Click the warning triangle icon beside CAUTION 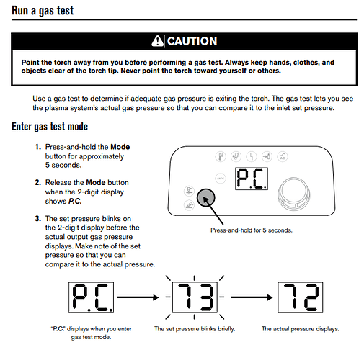pyautogui.click(x=157, y=41)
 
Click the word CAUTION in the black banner pyautogui.click(x=192, y=41)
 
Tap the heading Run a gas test pyautogui.click(x=43, y=11)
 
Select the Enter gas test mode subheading pyautogui.click(x=50, y=127)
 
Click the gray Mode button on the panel pyautogui.click(x=206, y=198)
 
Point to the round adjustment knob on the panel pyautogui.click(x=293, y=194)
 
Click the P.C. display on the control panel pyautogui.click(x=252, y=179)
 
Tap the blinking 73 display pyautogui.click(x=195, y=297)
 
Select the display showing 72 pyautogui.click(x=301, y=297)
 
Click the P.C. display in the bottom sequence pyautogui.click(x=91, y=297)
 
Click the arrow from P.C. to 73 pyautogui.click(x=138, y=297)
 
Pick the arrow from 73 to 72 pyautogui.click(x=252, y=297)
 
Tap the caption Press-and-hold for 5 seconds pyautogui.click(x=252, y=230)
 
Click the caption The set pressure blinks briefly pyautogui.click(x=195, y=329)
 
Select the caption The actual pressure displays pyautogui.click(x=301, y=329)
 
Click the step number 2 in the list pyautogui.click(x=38, y=182)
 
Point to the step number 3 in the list pyautogui.click(x=38, y=219)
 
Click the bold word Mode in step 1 pyautogui.click(x=120, y=147)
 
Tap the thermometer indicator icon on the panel pyautogui.click(x=221, y=157)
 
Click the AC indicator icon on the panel pyautogui.click(x=283, y=157)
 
